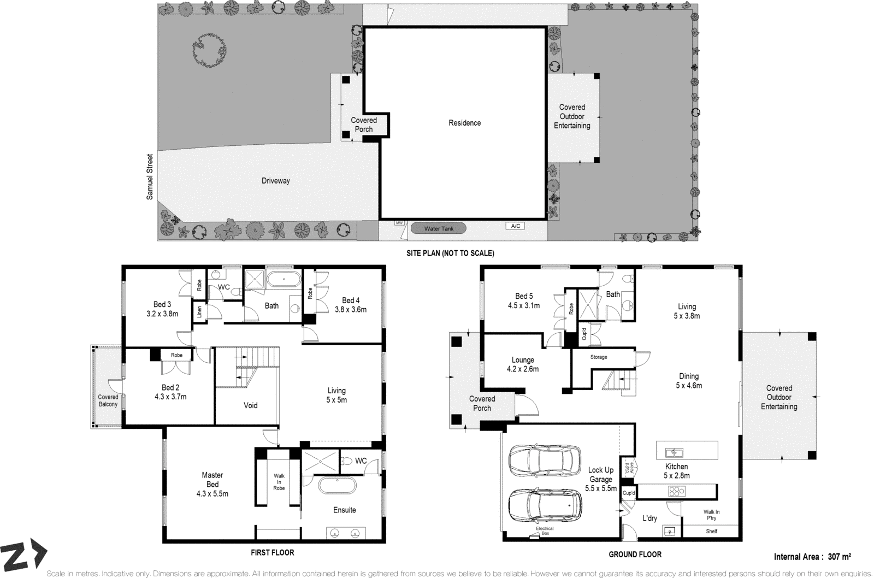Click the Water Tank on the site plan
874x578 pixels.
coord(439,229)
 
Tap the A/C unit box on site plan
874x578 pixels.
coord(515,226)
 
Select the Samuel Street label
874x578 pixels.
coord(150,176)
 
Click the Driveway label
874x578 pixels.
coord(275,181)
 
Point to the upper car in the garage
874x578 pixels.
coord(544,461)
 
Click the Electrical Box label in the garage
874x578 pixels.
coord(545,531)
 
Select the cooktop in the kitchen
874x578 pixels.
coord(676,491)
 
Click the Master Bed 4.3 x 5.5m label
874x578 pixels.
coord(212,485)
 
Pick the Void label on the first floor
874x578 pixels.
coord(250,405)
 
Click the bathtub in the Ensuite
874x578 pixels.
coord(337,486)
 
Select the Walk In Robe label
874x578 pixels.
coord(279,481)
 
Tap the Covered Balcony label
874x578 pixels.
coord(108,400)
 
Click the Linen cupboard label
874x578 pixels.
coord(199,312)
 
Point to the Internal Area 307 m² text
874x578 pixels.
coord(812,557)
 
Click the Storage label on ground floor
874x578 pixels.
coord(599,357)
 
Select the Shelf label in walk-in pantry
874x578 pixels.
coord(711,531)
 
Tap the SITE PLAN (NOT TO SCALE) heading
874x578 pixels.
coord(450,253)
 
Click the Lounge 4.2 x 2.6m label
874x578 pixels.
coord(523,364)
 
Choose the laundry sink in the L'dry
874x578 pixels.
coord(670,530)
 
